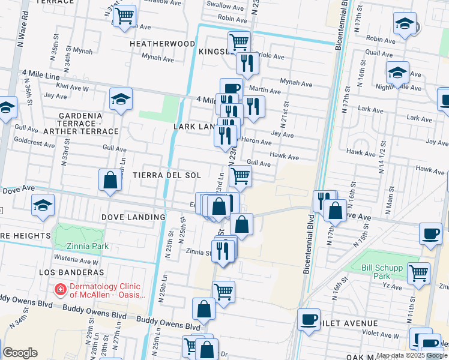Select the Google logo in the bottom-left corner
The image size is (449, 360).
coord(20,353)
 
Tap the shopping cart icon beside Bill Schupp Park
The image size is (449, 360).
coord(418,272)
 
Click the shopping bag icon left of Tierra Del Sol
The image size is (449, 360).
coord(110,179)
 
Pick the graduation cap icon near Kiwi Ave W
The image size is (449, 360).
coord(121,98)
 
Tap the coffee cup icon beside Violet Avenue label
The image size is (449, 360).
coord(309,319)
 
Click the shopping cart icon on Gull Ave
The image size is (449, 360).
coord(240,175)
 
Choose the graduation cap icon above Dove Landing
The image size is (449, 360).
coord(43,206)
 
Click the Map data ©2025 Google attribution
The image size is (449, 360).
coord(412,355)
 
